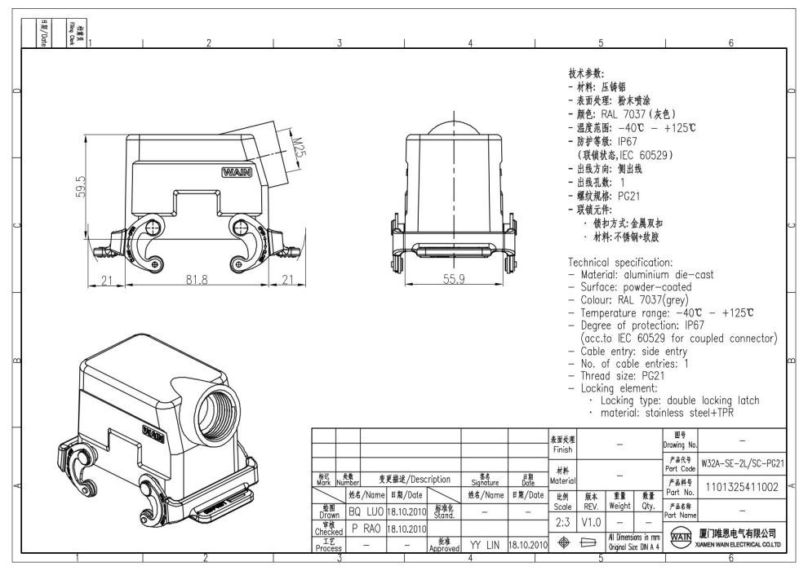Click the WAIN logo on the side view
237,172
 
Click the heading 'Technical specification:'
620,262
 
